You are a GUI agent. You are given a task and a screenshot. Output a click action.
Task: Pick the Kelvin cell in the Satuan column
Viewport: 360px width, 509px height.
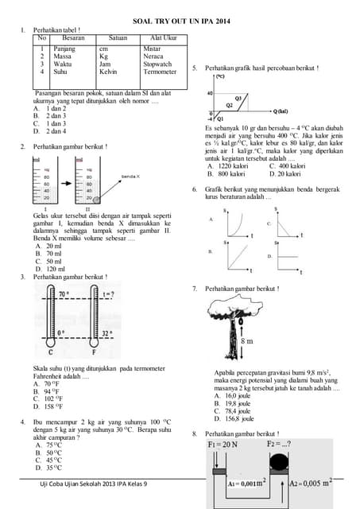point(108,72)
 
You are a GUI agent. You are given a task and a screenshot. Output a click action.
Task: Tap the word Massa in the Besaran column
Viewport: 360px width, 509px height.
point(63,56)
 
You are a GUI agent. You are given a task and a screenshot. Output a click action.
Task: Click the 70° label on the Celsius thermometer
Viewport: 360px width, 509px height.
point(64,293)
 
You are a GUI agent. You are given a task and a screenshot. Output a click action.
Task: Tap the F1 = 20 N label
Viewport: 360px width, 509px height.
point(222,444)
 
